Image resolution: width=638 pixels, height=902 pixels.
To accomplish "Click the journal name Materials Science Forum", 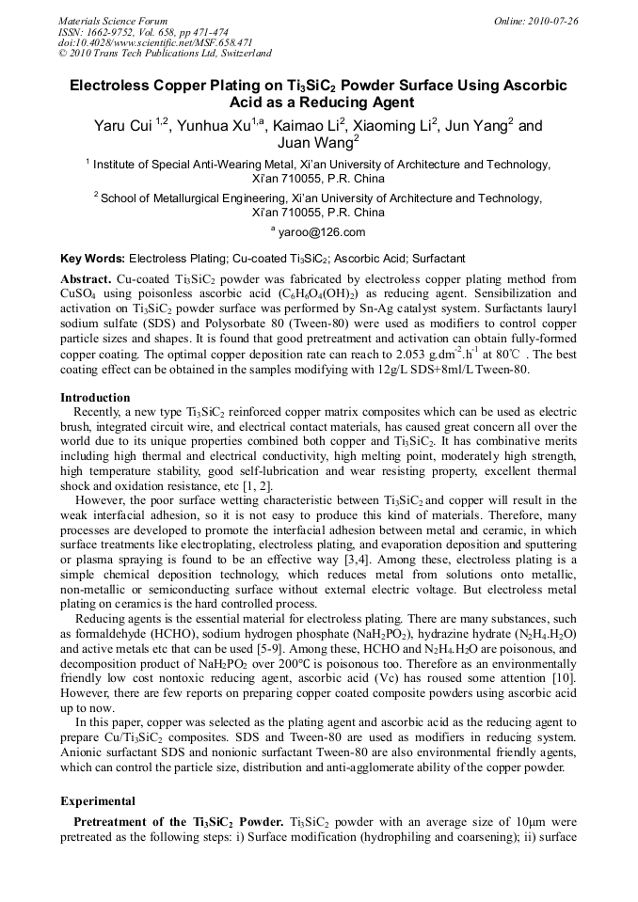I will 113,21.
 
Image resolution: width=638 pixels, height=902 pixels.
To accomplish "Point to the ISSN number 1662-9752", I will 116,32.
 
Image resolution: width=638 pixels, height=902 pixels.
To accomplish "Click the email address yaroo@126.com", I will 322,233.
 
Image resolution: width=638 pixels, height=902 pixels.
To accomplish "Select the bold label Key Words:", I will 92,259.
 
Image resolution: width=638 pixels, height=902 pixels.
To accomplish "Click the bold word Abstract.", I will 86,280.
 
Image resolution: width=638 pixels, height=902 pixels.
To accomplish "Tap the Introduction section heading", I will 95,398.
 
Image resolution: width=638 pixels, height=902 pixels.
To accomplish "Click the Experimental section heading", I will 98,801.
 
